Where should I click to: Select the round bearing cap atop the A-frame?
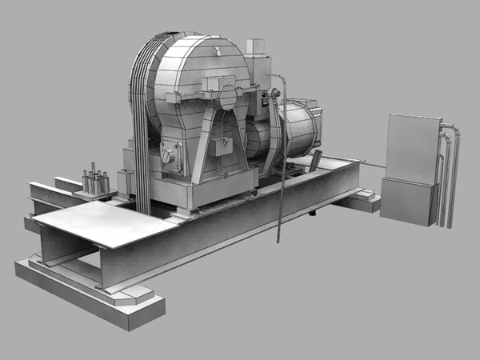(227, 97)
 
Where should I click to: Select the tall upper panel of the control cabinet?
(411, 149)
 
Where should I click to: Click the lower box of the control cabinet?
(407, 202)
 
